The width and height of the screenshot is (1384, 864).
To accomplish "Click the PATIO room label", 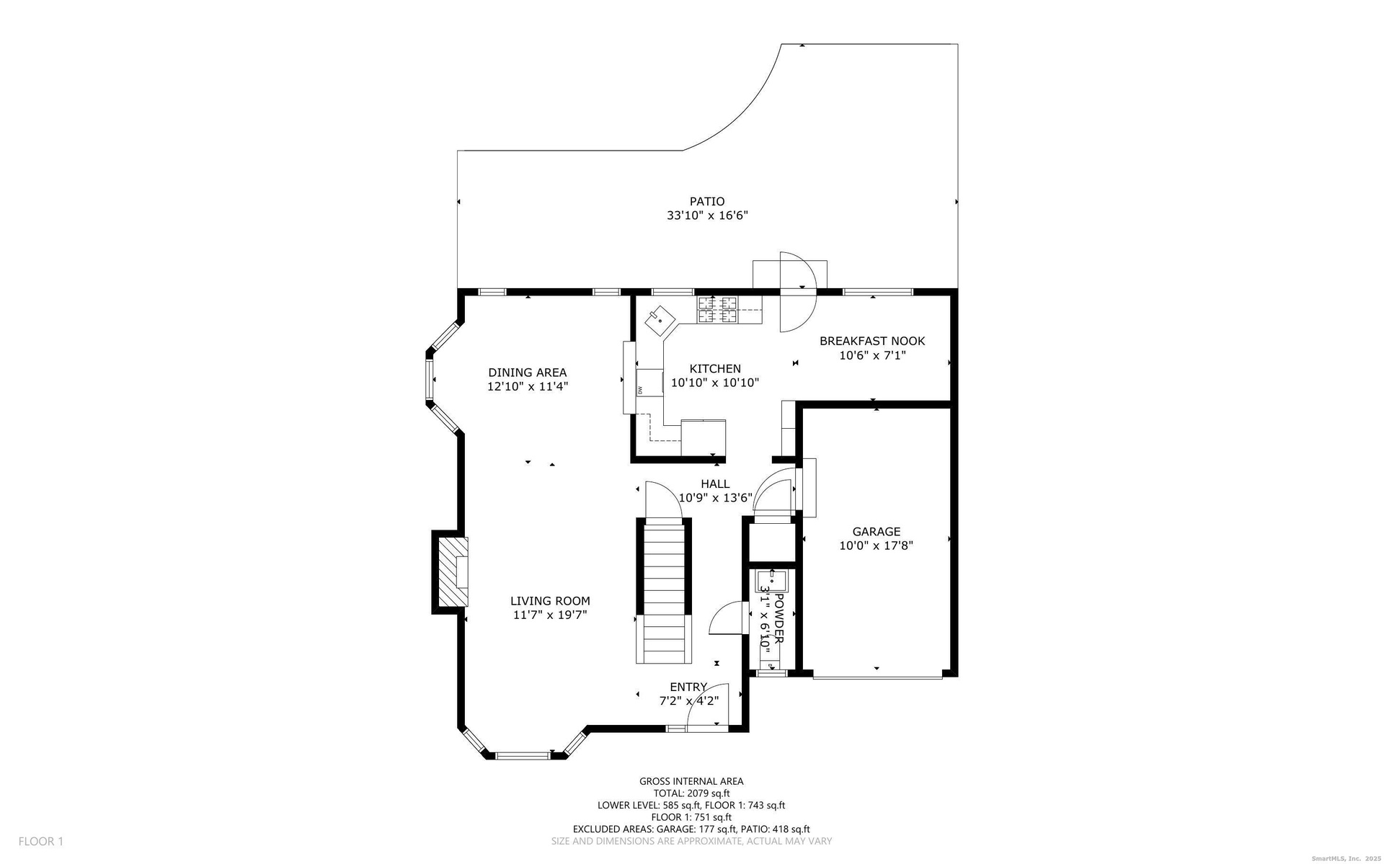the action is pos(706,202).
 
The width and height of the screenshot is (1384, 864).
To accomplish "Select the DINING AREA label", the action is pos(528,373).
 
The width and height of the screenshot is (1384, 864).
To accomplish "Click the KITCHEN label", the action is pos(715,369).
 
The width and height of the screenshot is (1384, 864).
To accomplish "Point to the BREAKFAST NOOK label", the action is pos(872,341).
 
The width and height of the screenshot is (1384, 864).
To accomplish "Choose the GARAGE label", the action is pos(877,532).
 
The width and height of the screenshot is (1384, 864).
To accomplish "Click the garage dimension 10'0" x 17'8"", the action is pos(877,545).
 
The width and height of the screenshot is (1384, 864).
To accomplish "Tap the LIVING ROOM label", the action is pos(550,601).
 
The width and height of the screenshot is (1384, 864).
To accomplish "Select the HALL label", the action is pos(715,484).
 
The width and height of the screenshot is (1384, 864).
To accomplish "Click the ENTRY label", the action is pos(688,687).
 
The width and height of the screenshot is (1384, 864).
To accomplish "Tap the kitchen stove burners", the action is pos(718,310).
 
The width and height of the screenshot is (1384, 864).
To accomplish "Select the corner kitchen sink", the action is pos(660,320).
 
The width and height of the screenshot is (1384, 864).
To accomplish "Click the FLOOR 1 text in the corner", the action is pos(41,841).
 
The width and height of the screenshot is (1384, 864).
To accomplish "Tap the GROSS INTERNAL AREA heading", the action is pos(691,781).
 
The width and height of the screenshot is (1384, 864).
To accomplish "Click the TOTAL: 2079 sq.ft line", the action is pos(691,793).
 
